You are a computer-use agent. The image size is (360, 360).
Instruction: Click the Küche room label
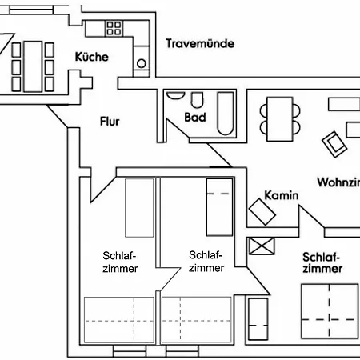pos(91,57)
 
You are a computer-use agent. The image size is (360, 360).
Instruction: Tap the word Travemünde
pos(200,43)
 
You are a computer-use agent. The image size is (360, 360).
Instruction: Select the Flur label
pos(110,122)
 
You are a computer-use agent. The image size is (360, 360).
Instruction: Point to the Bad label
pos(195,118)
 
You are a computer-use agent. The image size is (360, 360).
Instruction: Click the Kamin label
pos(281,195)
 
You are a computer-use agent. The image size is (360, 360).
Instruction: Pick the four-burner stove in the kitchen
pos(114,29)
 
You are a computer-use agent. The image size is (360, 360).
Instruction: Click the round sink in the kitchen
pos(142,61)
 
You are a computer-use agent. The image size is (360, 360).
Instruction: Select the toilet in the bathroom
pos(197,99)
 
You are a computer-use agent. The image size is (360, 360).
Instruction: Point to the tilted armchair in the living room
pos(334,143)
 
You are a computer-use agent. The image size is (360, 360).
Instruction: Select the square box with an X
pos(261,246)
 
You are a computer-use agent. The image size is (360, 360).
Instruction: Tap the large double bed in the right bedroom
pos(329,318)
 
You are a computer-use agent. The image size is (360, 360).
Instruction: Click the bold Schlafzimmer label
pos(322,262)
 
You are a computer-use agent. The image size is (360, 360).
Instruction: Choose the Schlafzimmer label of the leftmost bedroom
pos(120,262)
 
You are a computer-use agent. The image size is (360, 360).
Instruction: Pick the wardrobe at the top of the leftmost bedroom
pos(139,207)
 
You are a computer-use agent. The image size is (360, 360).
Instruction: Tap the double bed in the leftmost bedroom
pos(119,319)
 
